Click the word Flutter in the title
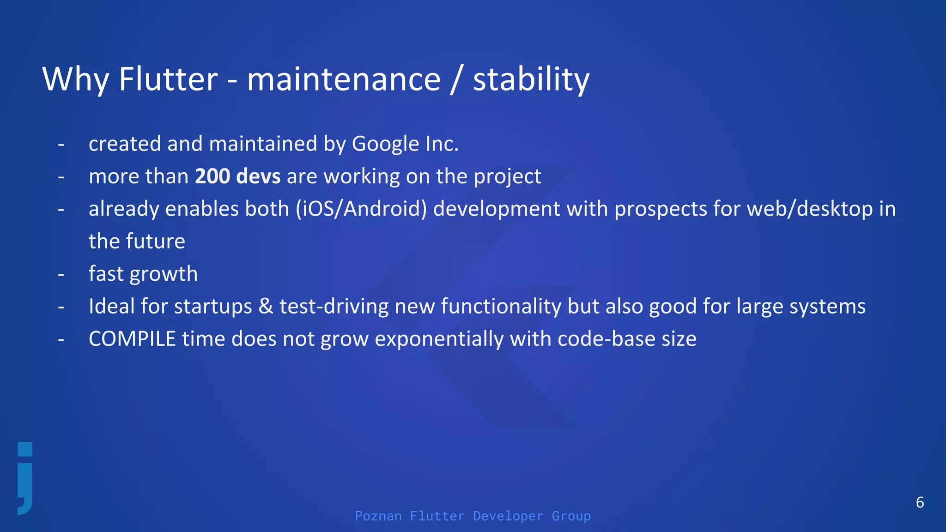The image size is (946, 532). (168, 79)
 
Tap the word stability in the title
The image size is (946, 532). (531, 79)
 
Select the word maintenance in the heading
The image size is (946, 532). (344, 79)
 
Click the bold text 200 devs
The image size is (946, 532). (237, 176)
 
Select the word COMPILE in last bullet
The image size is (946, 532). (132, 339)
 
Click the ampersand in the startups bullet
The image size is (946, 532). (266, 307)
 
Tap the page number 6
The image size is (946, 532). (920, 502)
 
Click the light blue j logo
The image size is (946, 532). (25, 478)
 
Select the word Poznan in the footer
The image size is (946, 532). (378, 516)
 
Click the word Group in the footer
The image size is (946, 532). (571, 516)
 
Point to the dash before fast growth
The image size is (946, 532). (61, 274)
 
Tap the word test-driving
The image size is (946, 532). (334, 307)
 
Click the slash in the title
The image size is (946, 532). (456, 79)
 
